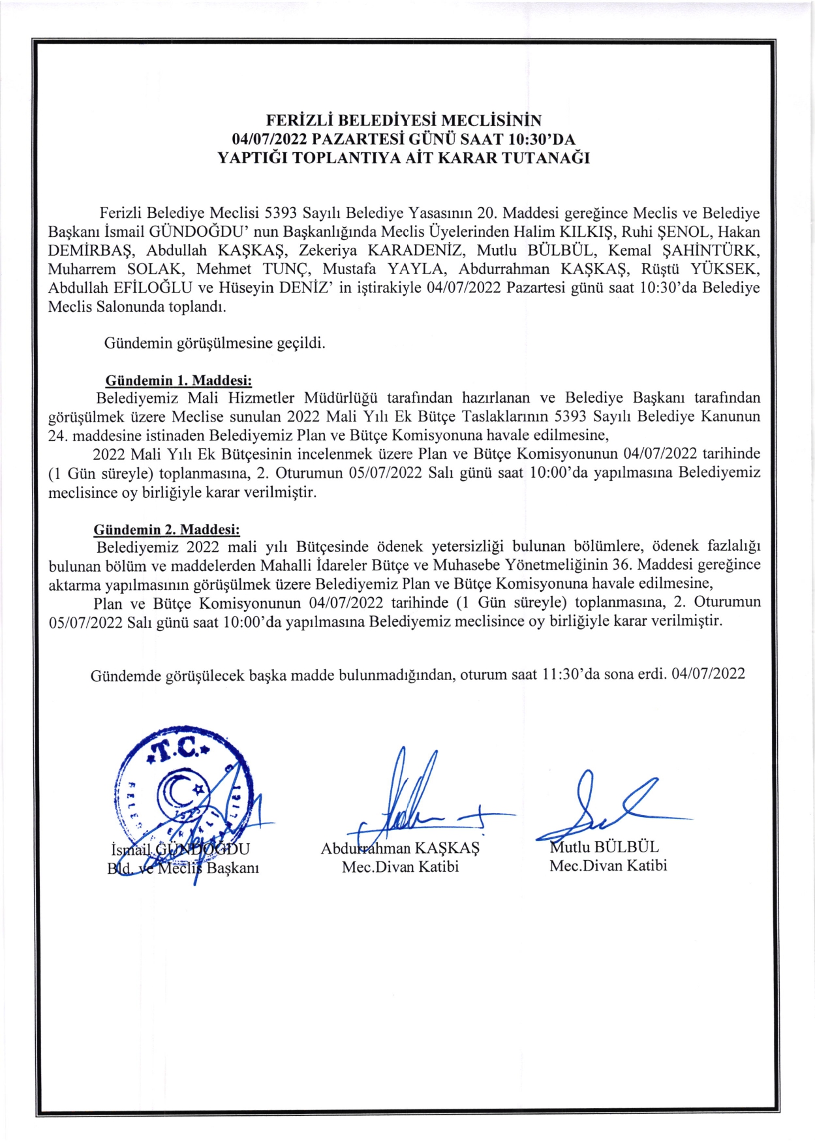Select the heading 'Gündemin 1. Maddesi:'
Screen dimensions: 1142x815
pos(178,380)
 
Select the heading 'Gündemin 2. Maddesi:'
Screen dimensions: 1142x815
pos(166,529)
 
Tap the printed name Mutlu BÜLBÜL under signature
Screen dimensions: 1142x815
pos(604,847)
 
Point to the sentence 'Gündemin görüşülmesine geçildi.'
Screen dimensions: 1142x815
pos(215,343)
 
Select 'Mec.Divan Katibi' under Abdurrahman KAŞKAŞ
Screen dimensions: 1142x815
pos(400,867)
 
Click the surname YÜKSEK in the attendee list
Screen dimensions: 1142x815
pos(725,269)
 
